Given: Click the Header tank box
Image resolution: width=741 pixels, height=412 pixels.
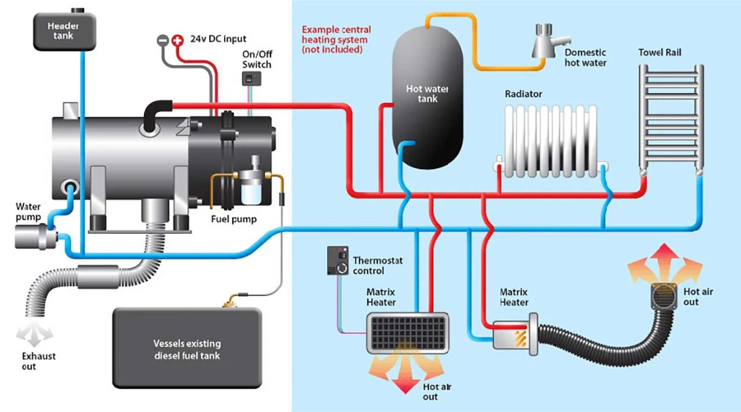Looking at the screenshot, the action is point(64,31).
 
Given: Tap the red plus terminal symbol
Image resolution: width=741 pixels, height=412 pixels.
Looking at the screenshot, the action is point(178,40).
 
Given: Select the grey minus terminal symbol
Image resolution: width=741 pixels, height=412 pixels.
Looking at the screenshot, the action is point(163,40).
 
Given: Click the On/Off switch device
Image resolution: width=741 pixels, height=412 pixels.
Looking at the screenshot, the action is point(251,79).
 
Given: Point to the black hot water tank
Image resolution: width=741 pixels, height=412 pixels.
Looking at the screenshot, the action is point(427,97).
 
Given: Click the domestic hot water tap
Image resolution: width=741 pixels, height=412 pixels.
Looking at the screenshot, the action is point(550,41).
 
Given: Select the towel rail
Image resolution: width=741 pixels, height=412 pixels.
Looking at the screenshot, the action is point(671,120).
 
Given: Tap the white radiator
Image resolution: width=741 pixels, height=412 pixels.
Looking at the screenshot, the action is point(551,141).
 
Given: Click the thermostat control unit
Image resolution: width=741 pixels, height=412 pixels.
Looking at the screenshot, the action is point(338,260).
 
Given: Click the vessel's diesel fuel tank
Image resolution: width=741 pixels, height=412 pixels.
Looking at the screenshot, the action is point(187,348).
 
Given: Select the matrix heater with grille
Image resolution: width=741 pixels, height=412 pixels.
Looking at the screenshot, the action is point(408,333).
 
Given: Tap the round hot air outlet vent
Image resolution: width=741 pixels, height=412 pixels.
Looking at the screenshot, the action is point(664,297).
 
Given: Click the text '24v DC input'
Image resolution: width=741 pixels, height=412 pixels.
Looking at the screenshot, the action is point(218,39).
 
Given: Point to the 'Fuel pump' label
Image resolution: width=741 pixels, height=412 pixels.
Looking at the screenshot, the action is point(234,219).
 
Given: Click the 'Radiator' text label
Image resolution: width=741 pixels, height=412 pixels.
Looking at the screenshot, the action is point(524,94).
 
